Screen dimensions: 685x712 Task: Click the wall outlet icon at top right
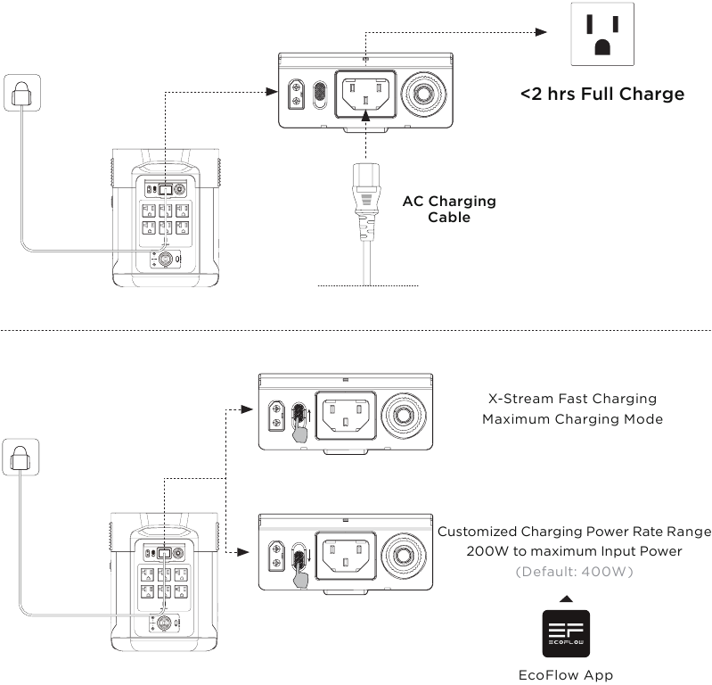(602, 35)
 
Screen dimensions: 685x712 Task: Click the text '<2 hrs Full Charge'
(602, 94)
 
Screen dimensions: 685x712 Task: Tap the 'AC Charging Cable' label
(449, 209)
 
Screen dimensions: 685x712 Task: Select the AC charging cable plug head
(366, 192)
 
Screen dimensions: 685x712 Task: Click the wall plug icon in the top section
(20, 93)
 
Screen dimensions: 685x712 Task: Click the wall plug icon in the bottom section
(20, 457)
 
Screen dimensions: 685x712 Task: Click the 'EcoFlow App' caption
(566, 675)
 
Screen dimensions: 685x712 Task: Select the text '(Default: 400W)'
(574, 571)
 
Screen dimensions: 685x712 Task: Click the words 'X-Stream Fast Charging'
(572, 399)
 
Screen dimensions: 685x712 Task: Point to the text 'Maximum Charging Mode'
(572, 418)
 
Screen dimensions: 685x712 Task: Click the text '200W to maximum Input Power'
(574, 551)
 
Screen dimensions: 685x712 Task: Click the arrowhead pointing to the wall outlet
(539, 32)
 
